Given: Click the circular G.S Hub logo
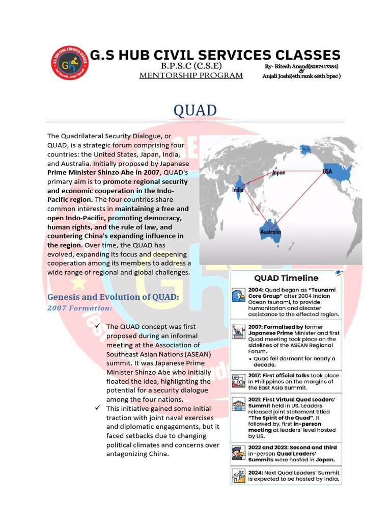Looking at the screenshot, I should tap(70, 63).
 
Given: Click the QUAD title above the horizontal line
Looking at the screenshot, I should tap(195, 110).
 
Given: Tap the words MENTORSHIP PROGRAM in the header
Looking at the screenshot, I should tap(191, 75).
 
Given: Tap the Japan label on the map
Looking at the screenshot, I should tap(277, 173).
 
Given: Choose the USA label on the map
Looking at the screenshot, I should tap(327, 172).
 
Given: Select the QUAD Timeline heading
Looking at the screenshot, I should tap(286, 278).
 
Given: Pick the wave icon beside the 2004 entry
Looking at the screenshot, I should tap(238, 296).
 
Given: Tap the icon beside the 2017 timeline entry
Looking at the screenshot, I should tap(238, 381).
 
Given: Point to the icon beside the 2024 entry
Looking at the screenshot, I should tap(238, 476).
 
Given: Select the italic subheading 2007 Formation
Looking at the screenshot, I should tap(79, 308).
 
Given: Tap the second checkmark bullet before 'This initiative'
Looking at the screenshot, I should tap(98, 409).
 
